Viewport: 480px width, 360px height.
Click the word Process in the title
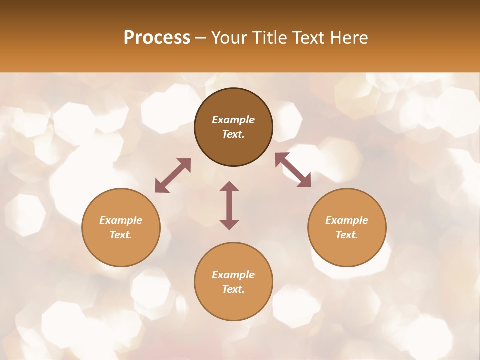point(157,38)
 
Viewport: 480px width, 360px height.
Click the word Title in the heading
point(270,38)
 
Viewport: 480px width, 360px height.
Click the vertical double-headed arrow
point(229,205)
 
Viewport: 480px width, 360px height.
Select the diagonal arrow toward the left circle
point(173,175)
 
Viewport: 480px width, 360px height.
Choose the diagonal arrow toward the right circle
point(293,170)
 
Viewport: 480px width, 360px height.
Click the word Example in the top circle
point(233,120)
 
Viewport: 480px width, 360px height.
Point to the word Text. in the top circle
point(233,134)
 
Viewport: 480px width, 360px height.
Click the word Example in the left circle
point(121,220)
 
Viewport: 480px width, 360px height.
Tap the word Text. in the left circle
point(121,235)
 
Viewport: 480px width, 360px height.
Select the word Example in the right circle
point(347,220)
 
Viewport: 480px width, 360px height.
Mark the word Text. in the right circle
point(347,235)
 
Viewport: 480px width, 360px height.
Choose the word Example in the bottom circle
point(233,275)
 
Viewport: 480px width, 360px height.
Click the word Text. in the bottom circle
point(233,289)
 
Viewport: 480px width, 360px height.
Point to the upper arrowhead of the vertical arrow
point(229,186)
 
